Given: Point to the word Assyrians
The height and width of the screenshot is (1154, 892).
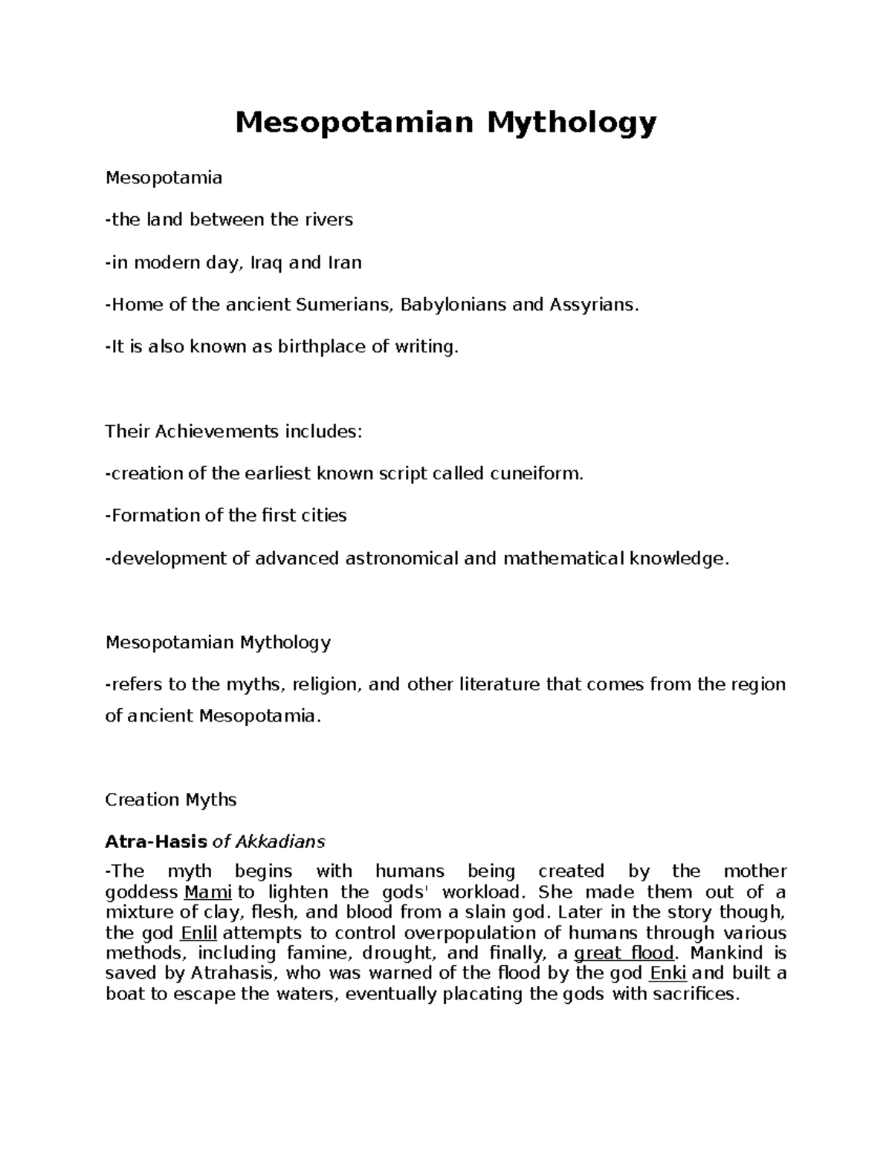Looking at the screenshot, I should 594,305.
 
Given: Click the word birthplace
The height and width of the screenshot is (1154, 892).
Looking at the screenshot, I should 323,346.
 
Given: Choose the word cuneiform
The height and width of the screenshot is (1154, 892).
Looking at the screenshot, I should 537,473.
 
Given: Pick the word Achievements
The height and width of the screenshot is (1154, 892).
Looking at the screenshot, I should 216,431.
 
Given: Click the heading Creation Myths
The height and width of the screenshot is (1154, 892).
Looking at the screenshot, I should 170,800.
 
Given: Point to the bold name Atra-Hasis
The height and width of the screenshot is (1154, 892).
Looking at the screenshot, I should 156,842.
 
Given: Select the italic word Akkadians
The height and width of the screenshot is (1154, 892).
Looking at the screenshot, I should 281,842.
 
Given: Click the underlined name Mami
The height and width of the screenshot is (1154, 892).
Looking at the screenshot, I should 202,892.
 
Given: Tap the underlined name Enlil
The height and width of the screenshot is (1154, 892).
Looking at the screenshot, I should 198,933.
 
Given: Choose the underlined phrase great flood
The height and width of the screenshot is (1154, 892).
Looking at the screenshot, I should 625,953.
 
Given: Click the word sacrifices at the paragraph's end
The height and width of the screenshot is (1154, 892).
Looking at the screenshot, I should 694,994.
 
